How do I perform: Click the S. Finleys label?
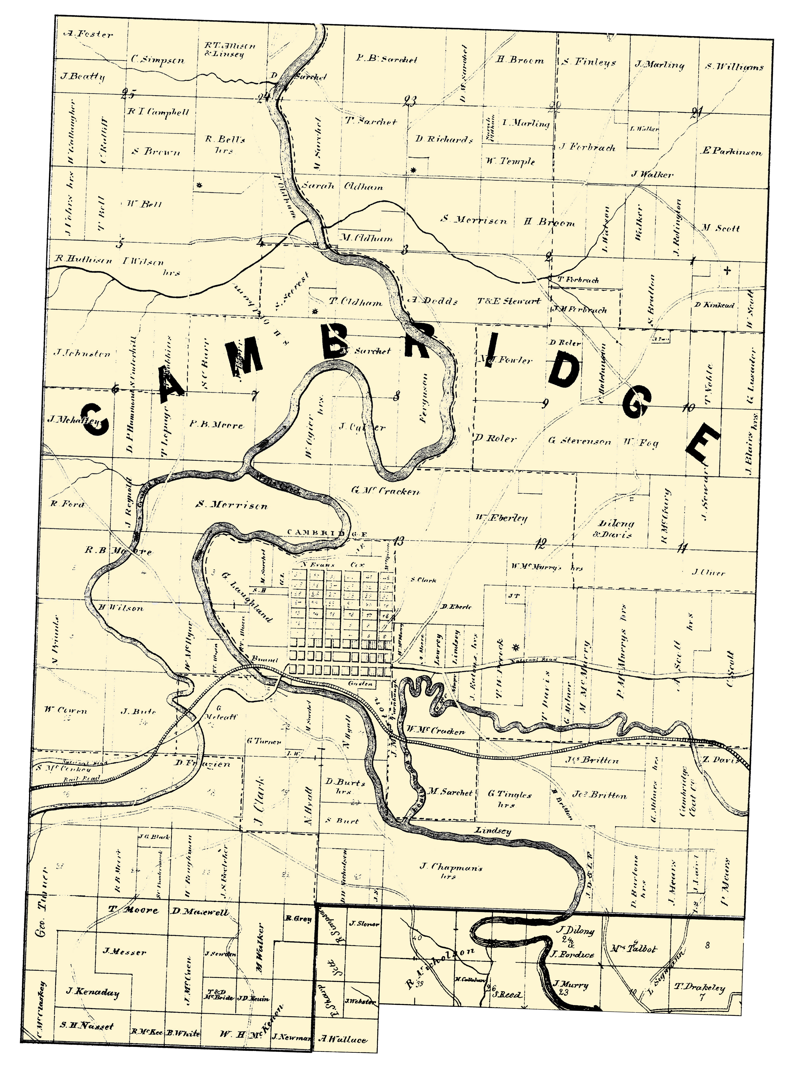(x=589, y=62)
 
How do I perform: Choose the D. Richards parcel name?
(x=444, y=140)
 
